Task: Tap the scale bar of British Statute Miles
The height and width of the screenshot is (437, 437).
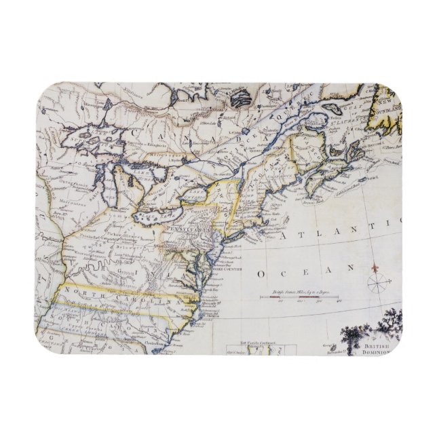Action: point(299,298)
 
